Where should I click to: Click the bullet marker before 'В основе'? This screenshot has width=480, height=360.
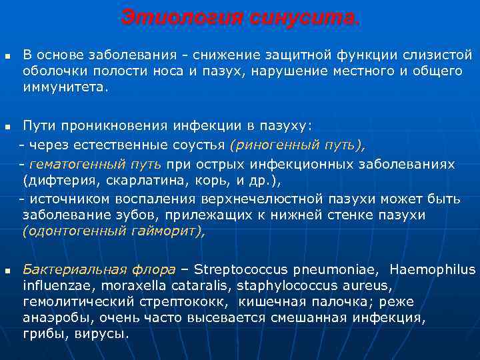coord(7,55)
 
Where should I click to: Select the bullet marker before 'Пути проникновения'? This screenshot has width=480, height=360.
coord(7,126)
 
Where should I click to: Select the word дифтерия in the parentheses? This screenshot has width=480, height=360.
coord(53,181)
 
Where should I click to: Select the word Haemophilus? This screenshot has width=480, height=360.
coord(432,270)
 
